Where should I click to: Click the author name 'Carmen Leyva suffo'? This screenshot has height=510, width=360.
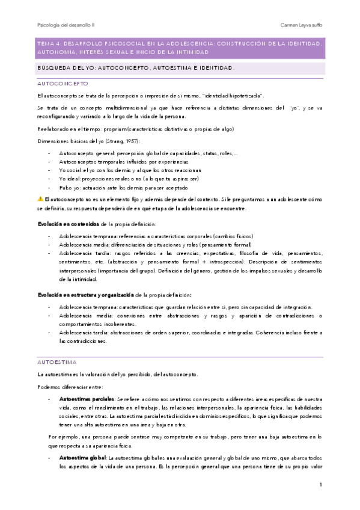pos(302,25)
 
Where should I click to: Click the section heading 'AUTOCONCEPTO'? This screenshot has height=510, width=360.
pos(63,84)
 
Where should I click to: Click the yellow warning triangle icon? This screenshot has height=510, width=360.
pos(40,198)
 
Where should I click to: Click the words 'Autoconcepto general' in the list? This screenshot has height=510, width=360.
pos(86,153)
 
